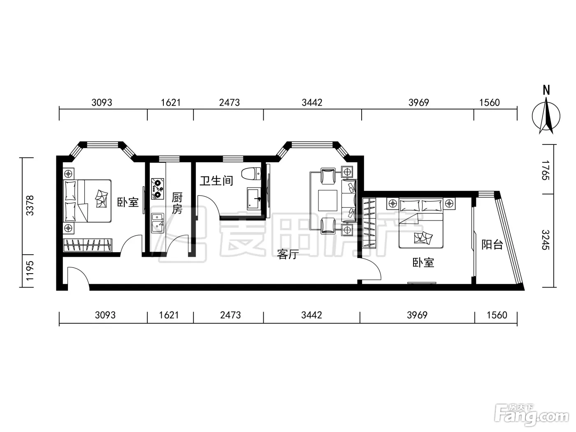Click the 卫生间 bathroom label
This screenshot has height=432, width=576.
tap(216, 181)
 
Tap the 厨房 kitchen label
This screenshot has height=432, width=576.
tap(177, 203)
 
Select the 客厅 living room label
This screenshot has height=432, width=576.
tap(288, 254)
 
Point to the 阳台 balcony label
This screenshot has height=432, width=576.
tap(492, 245)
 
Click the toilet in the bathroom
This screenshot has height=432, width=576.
tap(251, 174)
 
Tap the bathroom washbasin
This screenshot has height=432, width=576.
tap(254, 199)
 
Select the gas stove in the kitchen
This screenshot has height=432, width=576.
tap(158, 189)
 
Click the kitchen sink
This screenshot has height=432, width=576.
tap(158, 223)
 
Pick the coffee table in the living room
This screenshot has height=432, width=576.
tap(328, 200)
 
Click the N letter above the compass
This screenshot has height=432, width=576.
tap(546, 90)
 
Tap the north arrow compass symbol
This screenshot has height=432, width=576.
tap(546, 116)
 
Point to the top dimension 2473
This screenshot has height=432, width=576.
tap(229, 102)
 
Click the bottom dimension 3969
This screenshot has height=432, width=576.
tap(417, 315)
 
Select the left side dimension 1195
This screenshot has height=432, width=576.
tap(30, 271)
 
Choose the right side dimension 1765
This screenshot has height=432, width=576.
tap(545, 170)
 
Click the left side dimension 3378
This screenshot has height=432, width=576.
tap(30, 206)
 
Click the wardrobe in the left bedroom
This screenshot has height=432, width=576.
tap(88, 246)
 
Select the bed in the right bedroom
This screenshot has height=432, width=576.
tap(420, 223)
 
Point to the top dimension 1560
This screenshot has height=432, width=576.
tap(490, 102)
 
